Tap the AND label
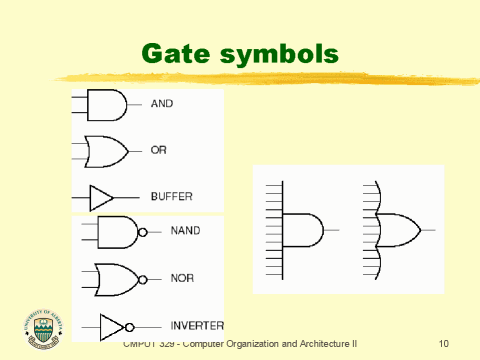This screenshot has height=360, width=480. pyautogui.click(x=163, y=103)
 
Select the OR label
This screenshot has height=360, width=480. pyautogui.click(x=158, y=150)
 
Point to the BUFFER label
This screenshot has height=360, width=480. pyautogui.click(x=171, y=196)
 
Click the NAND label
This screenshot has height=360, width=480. pyautogui.click(x=185, y=231)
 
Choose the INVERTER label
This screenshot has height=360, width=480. pyautogui.click(x=196, y=325)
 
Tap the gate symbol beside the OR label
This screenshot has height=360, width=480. pyautogui.click(x=104, y=151)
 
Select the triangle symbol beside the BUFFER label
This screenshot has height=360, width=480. pyautogui.click(x=101, y=197)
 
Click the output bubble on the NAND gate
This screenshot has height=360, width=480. pyautogui.click(x=142, y=232)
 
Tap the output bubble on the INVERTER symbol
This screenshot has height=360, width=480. pyautogui.click(x=129, y=326)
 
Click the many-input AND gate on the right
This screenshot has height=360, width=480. pyautogui.click(x=302, y=230)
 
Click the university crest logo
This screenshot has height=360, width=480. pyautogui.click(x=41, y=328)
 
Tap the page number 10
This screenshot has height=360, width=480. pyautogui.click(x=445, y=343)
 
